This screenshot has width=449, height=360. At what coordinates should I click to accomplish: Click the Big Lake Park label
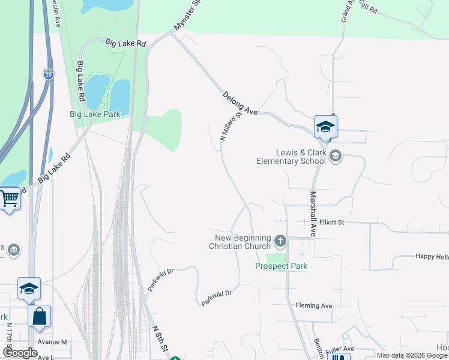click(95, 114)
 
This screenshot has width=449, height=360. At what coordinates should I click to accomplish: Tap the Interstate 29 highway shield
click(48, 74)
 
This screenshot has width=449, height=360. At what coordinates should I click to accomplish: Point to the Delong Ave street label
click(240, 103)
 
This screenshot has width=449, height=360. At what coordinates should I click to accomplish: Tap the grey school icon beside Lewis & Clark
click(336, 156)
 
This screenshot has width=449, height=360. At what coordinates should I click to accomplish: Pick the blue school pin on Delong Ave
click(325, 126)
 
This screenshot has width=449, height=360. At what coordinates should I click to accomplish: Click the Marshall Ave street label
click(313, 213)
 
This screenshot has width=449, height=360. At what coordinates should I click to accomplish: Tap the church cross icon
click(280, 241)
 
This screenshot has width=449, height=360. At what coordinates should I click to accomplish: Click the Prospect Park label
click(281, 266)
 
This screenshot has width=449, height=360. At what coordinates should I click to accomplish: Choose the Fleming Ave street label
click(314, 305)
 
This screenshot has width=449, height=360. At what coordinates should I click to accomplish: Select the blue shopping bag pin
click(39, 316)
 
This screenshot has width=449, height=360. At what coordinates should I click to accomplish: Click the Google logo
click(20, 353)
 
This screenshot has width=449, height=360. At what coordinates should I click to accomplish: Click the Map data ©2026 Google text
click(411, 355)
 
